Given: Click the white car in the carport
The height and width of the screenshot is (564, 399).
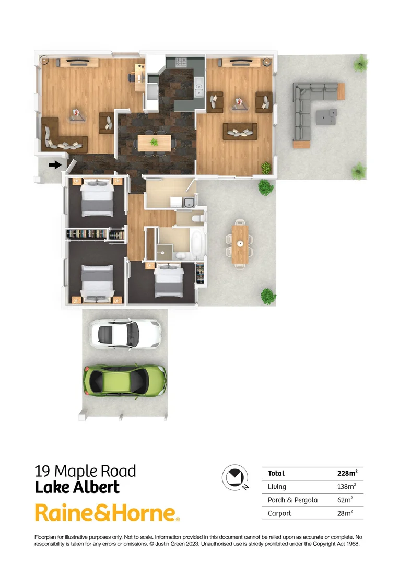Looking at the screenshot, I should [125, 334].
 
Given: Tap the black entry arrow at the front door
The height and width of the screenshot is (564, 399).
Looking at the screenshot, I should [54, 165].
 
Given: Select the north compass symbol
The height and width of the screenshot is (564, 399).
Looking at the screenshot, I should [233, 477].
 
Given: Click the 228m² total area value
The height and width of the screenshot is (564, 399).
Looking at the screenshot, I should [347, 474].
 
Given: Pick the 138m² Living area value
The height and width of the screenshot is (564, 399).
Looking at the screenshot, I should [346, 487].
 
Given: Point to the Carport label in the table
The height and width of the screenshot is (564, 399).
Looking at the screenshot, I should [279, 513].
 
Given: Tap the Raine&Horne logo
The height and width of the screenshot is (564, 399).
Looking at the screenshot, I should [107, 513].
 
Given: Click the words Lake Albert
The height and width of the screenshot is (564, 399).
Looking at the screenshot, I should [77, 487].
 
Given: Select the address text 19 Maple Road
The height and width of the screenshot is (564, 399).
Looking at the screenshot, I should [85, 471].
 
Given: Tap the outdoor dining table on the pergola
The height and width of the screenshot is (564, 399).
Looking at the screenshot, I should [240, 243].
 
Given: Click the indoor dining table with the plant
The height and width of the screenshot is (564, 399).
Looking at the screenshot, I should [154, 142].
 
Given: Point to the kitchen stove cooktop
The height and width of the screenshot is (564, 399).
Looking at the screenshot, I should [182, 63].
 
